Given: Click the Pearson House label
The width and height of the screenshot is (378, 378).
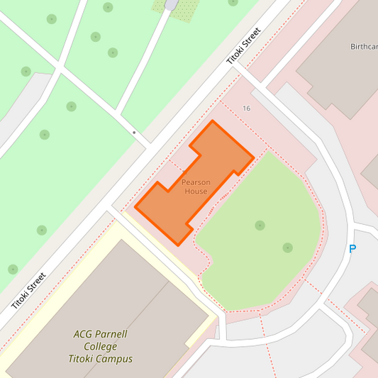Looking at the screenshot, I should [196, 187].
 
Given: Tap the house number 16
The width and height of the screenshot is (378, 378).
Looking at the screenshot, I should [246, 109].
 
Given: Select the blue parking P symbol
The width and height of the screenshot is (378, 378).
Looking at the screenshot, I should [352, 249].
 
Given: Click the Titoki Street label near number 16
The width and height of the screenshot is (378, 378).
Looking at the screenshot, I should [244, 46].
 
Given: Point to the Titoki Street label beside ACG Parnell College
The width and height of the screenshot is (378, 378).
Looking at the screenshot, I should [29, 291].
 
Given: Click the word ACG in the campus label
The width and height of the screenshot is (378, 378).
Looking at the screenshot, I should [84, 334].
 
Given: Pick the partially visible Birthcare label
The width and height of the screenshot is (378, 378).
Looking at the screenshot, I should [364, 47].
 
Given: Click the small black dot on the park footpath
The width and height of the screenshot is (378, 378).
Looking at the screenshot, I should [134, 133].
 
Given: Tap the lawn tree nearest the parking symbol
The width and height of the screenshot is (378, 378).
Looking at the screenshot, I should [287, 248].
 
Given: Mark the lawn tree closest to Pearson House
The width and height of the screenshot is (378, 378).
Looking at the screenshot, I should [260, 226].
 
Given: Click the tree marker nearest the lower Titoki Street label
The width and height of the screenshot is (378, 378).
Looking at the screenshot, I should [13, 269].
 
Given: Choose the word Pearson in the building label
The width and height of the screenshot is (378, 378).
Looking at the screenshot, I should [196, 182].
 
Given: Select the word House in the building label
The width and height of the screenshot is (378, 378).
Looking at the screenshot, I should [196, 191].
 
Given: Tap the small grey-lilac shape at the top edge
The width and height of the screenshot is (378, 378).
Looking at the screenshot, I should [172, 4].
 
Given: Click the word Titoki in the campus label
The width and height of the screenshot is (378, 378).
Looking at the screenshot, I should [79, 359].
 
